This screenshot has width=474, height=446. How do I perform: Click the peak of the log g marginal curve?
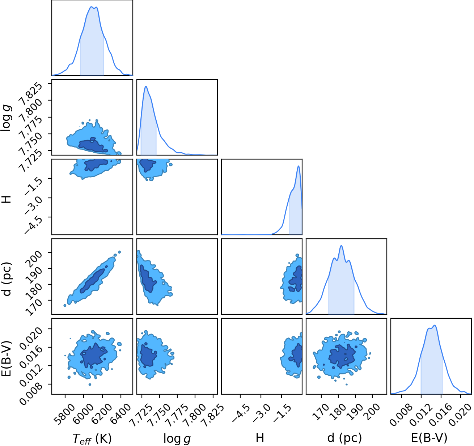[x=146, y=86]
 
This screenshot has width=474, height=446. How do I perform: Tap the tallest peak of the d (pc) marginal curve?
[x=341, y=246]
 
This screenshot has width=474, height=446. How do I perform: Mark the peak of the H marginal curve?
[x=299, y=166]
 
